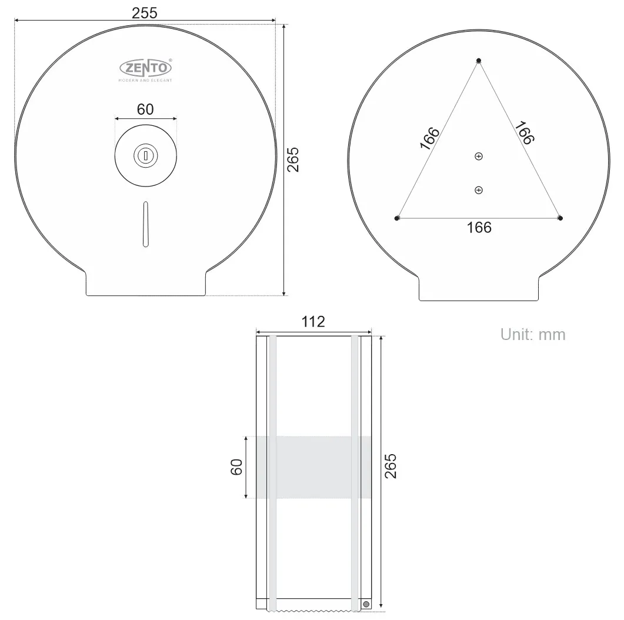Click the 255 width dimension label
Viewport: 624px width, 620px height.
coord(144,13)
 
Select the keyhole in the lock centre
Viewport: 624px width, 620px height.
coord(145,156)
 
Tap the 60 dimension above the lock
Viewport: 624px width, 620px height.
coord(145,109)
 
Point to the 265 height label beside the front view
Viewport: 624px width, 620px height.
coord(293,159)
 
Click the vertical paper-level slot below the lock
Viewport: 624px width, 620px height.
coord(145,224)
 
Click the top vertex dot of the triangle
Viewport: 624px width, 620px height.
coord(479,61)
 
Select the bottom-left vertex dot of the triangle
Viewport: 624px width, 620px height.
coord(398,218)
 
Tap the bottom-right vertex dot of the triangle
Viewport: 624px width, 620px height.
coord(560,218)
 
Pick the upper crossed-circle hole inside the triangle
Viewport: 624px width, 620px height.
coord(479,156)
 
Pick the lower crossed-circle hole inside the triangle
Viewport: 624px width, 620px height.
coord(479,189)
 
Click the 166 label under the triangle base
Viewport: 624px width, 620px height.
coord(479,228)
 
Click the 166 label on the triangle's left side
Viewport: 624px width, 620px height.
coord(430,139)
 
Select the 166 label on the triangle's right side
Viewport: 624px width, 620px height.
coord(524,132)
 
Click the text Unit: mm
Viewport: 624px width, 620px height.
coord(532,335)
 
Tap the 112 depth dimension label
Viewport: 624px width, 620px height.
coord(313,322)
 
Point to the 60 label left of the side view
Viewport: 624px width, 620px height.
coord(236,468)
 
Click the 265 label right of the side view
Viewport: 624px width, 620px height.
coord(391,465)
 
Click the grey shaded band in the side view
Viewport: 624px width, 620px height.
coord(313,467)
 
